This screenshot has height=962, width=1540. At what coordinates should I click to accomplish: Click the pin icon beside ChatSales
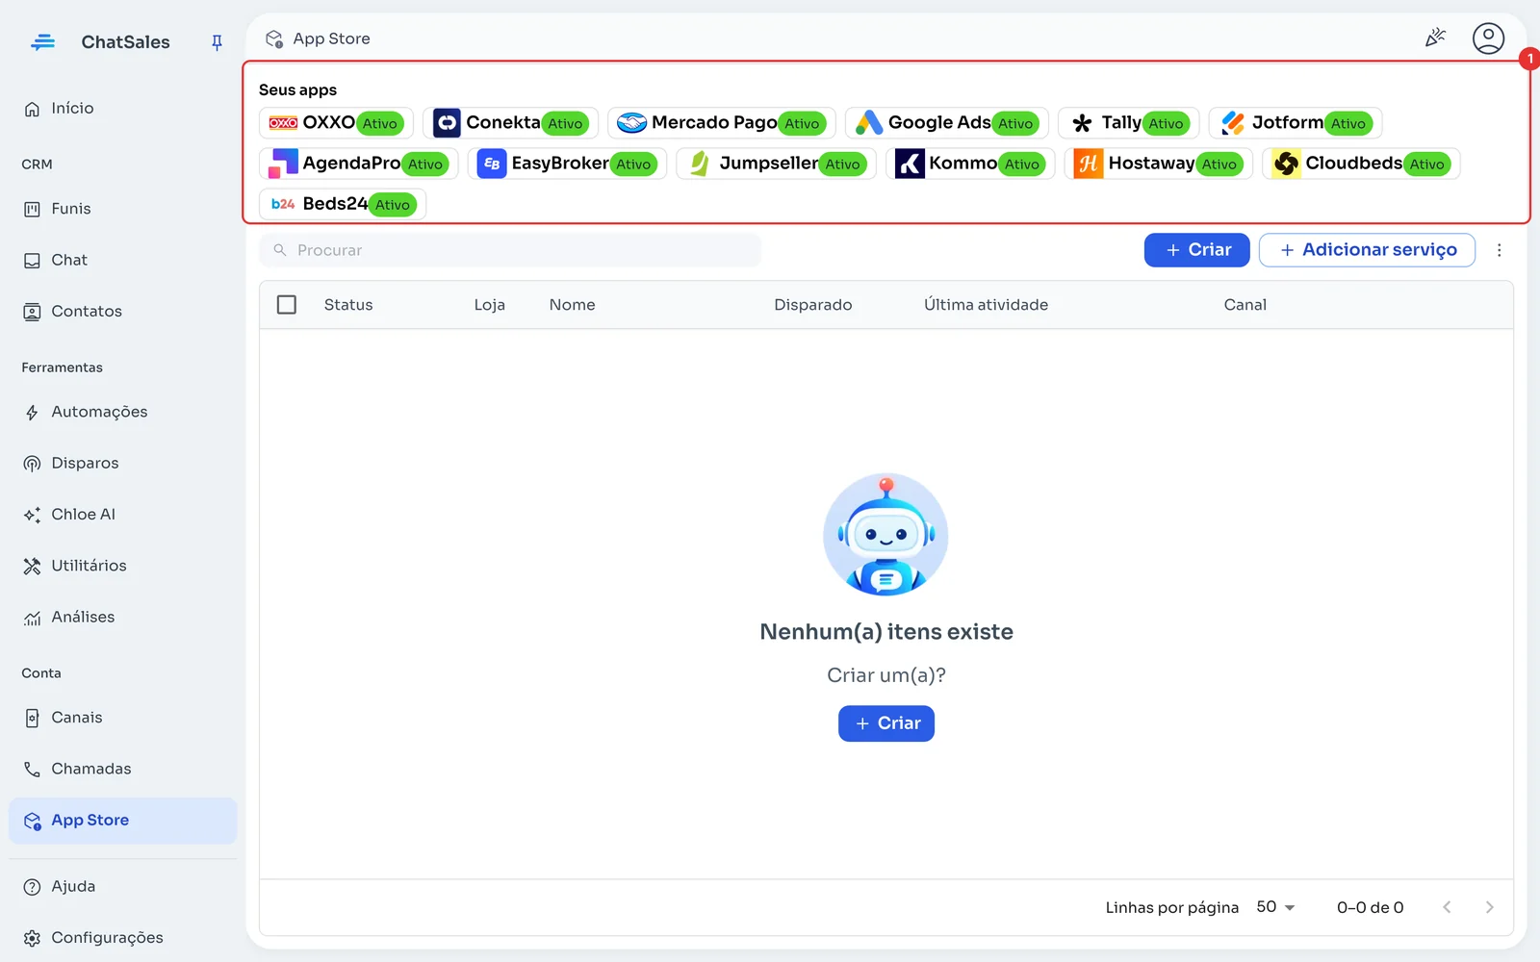[x=217, y=42]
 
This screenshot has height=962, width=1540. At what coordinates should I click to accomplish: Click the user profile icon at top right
[x=1488, y=38]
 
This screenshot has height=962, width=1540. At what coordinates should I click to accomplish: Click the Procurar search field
[x=510, y=250]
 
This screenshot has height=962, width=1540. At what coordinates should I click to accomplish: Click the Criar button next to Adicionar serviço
[x=1197, y=250]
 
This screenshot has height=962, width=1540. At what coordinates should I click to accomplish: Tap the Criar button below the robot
[x=886, y=723]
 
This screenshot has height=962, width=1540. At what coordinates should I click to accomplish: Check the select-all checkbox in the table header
[x=287, y=305]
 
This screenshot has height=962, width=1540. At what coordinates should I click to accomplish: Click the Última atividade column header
[x=986, y=305]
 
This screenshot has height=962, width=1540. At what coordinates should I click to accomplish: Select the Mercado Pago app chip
[x=722, y=123]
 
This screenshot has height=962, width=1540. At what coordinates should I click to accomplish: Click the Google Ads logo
[x=868, y=123]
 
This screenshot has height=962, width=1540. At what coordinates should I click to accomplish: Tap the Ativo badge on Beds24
[x=393, y=205]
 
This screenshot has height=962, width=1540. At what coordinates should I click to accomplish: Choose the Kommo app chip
[x=970, y=164]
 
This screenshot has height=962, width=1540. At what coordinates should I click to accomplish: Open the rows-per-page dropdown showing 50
[x=1275, y=908]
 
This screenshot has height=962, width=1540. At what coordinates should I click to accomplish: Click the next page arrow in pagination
[x=1489, y=908]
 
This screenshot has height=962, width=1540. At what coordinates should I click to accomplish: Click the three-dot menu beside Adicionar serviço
[x=1500, y=250]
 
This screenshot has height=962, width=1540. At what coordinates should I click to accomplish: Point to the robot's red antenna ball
[x=886, y=485]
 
